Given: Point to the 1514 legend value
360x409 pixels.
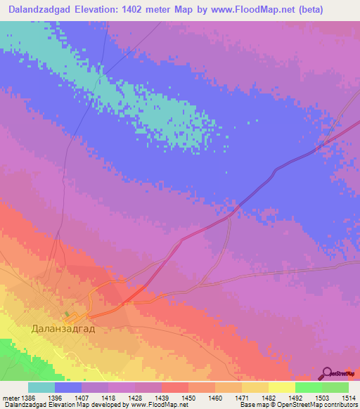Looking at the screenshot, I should [x=349, y=396].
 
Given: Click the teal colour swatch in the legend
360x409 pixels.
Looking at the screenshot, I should [x=41, y=387].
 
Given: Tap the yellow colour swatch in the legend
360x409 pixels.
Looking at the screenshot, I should [x=281, y=387].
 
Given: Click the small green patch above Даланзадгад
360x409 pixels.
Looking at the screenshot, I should [x=67, y=314].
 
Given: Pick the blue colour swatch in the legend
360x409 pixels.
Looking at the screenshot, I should [x=68, y=387].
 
